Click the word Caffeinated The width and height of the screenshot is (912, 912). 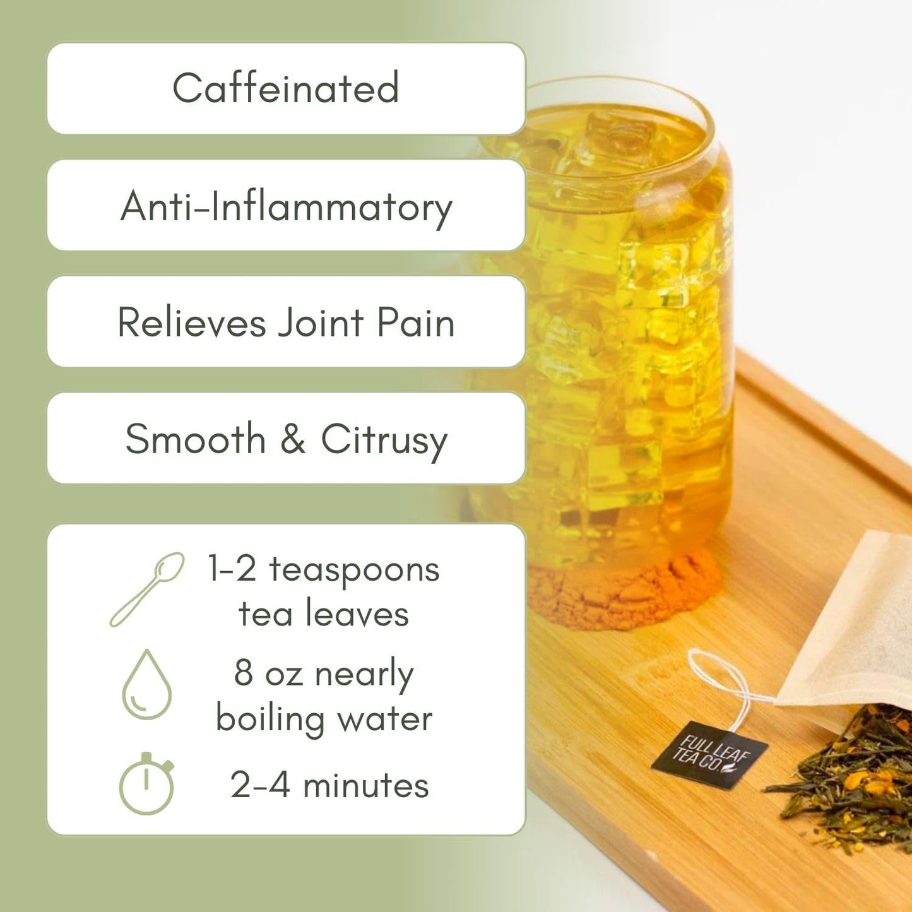pyautogui.click(x=285, y=88)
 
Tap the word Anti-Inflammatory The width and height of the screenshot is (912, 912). pyautogui.click(x=286, y=206)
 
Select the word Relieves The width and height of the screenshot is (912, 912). pyautogui.click(x=192, y=323)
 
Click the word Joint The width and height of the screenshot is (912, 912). pyautogui.click(x=321, y=323)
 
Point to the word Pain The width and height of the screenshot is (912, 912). pyautogui.click(x=416, y=323)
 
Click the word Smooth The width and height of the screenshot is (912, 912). pyautogui.click(x=195, y=439)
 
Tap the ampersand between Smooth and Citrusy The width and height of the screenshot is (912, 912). pyautogui.click(x=293, y=439)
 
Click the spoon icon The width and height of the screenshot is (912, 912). pyautogui.click(x=147, y=589)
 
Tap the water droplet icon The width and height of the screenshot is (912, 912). pyautogui.click(x=146, y=685)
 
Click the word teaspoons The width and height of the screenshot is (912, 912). pyautogui.click(x=354, y=571)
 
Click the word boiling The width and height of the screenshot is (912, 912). pyautogui.click(x=270, y=720)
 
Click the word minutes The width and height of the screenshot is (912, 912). pyautogui.click(x=366, y=786)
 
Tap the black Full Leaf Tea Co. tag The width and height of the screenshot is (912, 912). pyautogui.click(x=709, y=754)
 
